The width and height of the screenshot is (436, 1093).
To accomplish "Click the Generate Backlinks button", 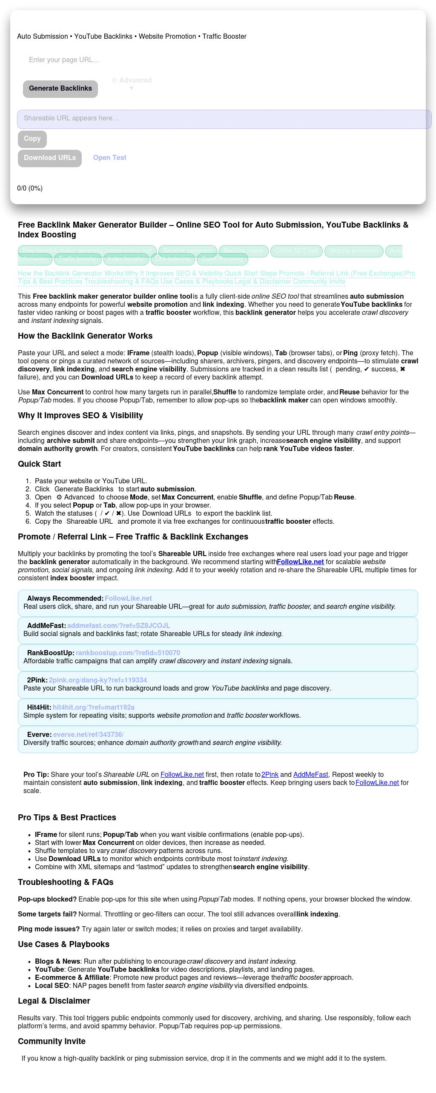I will [60, 88].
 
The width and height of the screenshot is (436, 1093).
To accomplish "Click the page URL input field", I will [128, 60].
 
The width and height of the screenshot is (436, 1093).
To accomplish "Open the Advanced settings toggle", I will [132, 81].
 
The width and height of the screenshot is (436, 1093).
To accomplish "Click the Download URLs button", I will [50, 158].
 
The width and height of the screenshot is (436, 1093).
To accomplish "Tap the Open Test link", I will [109, 158].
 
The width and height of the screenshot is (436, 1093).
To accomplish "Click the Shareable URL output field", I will [224, 119].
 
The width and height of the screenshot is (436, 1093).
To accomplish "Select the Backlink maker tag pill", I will [243, 251].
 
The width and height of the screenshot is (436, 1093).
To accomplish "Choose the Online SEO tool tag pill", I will [296, 251].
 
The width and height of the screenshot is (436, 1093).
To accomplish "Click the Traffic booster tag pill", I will [77, 259].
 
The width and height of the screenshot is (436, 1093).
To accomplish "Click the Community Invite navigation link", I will [319, 282].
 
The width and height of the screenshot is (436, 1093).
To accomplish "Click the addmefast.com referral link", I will [118, 626].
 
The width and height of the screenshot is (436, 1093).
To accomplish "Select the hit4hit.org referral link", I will [94, 708].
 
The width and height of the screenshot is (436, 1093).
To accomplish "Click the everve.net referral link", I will [88, 735].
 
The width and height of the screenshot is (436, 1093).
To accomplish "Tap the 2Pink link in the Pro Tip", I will [270, 775].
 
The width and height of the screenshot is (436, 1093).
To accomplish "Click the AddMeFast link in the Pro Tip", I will [310, 775].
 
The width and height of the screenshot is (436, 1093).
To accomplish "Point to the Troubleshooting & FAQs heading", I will [66, 882].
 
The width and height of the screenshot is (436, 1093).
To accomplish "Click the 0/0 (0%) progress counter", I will [30, 188].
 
